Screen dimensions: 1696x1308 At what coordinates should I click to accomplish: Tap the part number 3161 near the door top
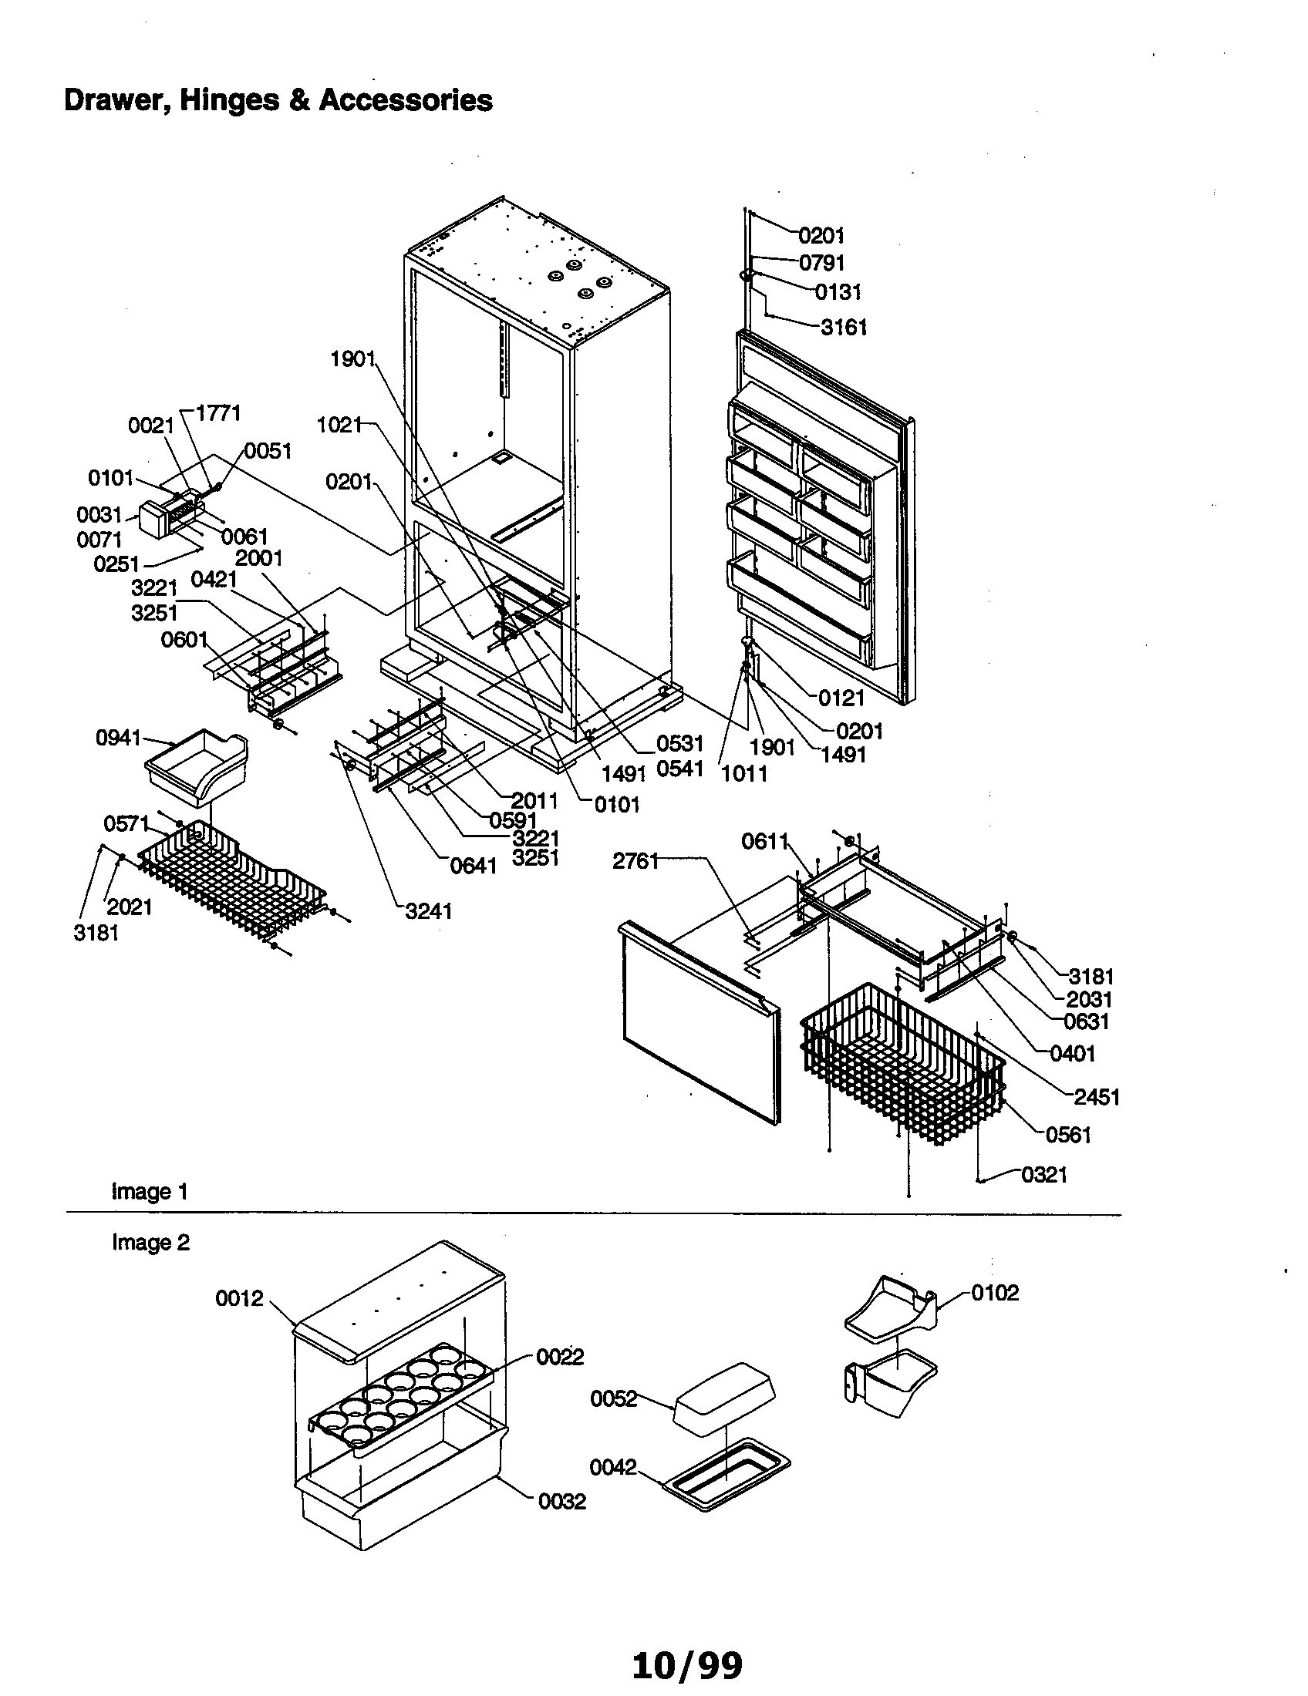(844, 328)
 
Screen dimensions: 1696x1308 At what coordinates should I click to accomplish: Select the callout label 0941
(118, 738)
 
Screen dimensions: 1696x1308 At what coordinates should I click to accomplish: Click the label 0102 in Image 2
(995, 1293)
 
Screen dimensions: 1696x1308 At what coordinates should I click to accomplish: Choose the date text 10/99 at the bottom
(687, 1665)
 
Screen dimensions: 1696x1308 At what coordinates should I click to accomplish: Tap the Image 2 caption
(150, 1243)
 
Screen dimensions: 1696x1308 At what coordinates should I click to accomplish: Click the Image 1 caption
(150, 1191)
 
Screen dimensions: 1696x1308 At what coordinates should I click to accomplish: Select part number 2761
(635, 860)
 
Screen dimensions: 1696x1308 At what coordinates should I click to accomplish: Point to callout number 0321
(1044, 1175)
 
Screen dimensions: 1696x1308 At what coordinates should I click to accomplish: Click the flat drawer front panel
(699, 1025)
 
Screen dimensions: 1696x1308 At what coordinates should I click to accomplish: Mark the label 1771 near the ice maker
(217, 413)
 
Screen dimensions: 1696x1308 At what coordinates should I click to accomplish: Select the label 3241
(429, 911)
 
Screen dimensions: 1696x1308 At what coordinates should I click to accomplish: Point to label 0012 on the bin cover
(239, 1298)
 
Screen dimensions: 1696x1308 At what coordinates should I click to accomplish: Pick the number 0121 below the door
(841, 698)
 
